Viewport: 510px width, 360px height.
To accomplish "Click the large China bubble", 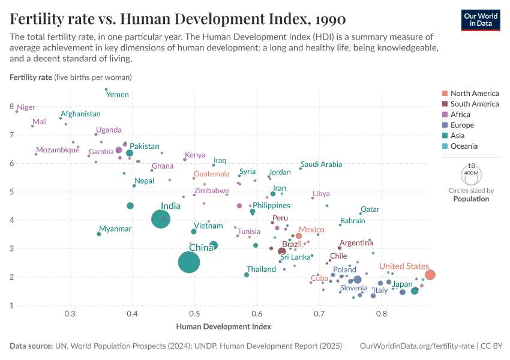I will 189,262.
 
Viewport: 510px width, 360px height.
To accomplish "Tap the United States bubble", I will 430,275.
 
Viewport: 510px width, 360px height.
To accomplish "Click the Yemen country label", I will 118,95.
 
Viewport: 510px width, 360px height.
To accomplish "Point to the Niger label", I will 26,107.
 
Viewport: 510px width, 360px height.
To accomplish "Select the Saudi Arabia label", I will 321,164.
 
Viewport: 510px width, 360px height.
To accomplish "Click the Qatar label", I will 370,209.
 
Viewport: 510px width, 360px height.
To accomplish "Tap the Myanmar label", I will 115,229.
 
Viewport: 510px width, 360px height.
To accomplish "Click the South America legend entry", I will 474,104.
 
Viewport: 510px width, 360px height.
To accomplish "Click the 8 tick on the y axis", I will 11,107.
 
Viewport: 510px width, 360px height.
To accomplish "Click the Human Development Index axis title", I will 223,327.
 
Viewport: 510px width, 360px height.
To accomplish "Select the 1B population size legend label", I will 470,166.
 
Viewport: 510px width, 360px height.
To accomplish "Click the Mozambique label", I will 58,150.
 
